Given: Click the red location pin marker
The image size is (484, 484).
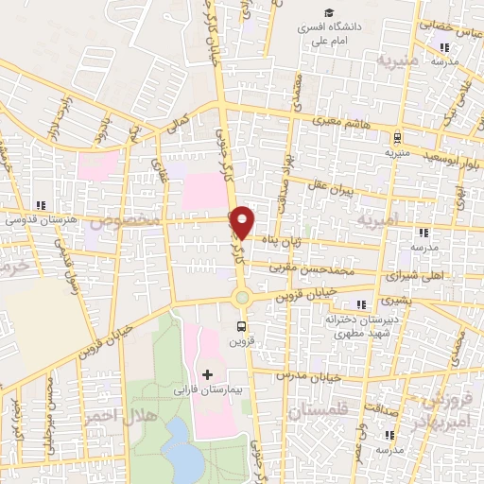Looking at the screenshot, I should (x=243, y=222).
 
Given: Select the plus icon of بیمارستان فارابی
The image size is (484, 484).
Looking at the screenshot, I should (x=208, y=375).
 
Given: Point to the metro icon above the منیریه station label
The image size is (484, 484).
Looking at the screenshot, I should (x=397, y=137).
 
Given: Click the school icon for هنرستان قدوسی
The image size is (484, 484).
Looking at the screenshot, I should (x=40, y=205).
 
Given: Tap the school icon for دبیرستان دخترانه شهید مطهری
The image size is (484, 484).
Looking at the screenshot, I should (x=359, y=303).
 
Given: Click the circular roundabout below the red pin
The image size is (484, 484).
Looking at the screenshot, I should (x=243, y=298).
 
